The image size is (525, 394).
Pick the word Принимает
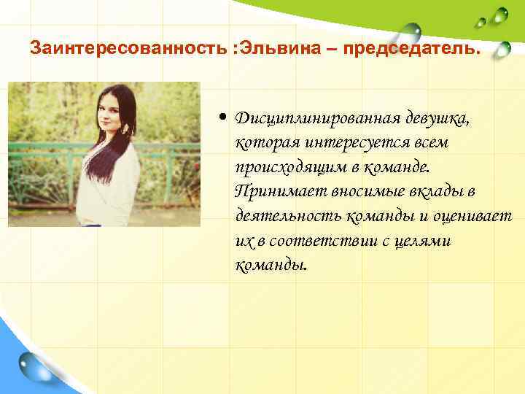(273, 192)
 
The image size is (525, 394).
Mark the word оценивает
(475, 216)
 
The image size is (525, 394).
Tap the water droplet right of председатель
(502, 49)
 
